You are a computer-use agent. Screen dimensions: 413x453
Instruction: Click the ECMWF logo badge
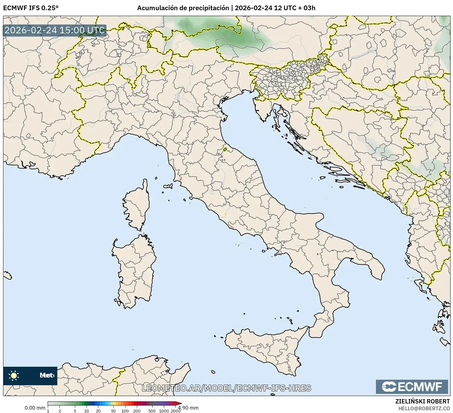tap(412, 386)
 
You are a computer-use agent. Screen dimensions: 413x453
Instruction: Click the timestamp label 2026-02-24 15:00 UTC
tap(55, 30)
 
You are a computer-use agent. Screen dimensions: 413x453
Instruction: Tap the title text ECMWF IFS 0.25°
tap(31, 8)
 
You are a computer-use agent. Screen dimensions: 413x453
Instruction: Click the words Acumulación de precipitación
tap(183, 8)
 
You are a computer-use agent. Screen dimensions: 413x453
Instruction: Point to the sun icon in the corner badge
tap(14, 375)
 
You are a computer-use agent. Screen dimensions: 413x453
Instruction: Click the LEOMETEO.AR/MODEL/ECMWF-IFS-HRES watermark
tap(226, 388)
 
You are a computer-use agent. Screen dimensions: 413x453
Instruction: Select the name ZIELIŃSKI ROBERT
tap(422, 401)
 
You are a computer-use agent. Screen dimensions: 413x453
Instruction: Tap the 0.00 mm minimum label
tap(35, 408)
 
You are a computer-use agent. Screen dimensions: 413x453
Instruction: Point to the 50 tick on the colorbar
tap(113, 411)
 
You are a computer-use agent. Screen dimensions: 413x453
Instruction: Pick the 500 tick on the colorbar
tap(152, 411)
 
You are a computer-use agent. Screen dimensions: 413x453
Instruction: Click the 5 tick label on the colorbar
tap(75, 411)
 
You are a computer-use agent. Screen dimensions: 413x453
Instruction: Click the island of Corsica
tap(137, 205)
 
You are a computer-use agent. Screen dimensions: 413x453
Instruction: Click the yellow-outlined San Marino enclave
tap(225, 150)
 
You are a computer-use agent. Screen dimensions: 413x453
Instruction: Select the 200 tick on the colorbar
tap(137, 411)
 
